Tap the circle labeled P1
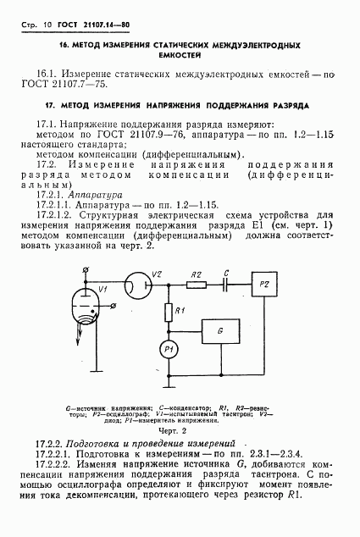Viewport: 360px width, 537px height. [168, 349]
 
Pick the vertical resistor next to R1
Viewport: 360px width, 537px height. [168, 313]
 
